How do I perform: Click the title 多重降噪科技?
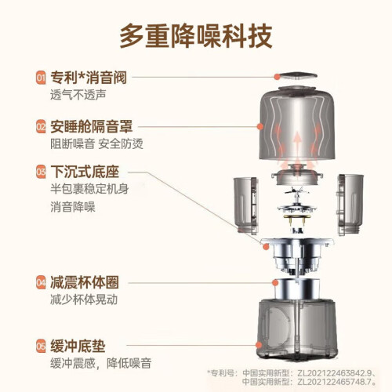(196, 36)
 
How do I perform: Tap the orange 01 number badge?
(41, 78)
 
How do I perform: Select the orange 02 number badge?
(41, 126)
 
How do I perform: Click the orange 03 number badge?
(41, 172)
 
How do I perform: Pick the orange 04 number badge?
(41, 282)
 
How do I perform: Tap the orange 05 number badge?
(41, 346)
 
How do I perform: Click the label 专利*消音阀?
(89, 78)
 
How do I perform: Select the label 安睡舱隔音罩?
(92, 126)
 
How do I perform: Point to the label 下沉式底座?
(85, 172)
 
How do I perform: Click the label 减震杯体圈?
(85, 282)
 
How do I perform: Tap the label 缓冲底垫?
(78, 346)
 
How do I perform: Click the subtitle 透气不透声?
(78, 95)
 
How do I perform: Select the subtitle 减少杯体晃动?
(84, 300)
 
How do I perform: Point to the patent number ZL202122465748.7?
(336, 382)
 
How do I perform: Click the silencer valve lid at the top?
(299, 77)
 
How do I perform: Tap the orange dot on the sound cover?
(260, 126)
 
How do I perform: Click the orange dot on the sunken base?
(266, 246)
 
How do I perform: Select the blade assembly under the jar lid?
(297, 201)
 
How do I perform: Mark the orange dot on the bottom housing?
(259, 345)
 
